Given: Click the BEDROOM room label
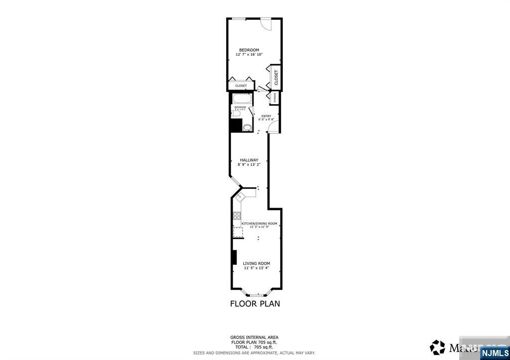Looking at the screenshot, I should [249, 50].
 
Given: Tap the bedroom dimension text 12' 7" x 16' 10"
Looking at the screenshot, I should [249, 55].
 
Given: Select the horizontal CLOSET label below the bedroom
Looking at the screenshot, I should [241, 86].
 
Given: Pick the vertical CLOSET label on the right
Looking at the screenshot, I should [276, 77].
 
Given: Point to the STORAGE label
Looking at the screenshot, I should [275, 98].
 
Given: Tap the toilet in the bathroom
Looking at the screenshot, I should [236, 114].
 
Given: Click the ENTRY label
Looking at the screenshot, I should [266, 117].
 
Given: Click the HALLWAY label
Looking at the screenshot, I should [249, 160].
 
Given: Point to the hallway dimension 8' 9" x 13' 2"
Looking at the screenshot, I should [249, 164].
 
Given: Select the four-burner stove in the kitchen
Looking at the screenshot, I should [237, 216].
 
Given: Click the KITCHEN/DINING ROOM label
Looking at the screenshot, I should [259, 224].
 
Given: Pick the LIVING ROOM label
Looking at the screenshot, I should [256, 263].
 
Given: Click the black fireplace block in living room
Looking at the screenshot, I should [234, 257].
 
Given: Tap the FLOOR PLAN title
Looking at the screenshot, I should [255, 304].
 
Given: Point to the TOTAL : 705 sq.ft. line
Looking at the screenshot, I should [254, 347].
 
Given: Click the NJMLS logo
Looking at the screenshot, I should [494, 353].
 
